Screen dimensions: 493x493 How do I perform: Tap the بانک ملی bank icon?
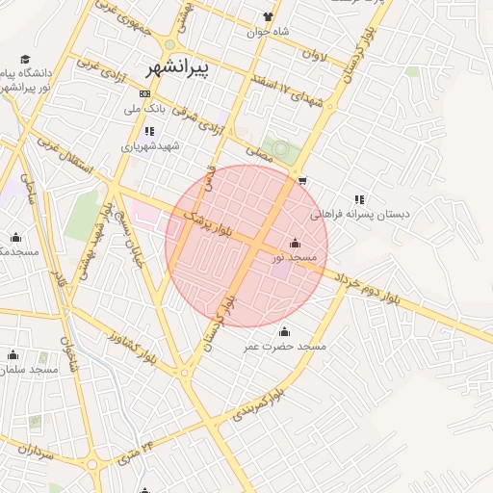(x=144, y=93)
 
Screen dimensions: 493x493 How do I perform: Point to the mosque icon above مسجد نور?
(x=295, y=243)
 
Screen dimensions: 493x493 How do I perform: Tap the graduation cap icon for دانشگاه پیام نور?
(x=25, y=59)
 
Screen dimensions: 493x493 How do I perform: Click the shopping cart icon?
(x=302, y=180)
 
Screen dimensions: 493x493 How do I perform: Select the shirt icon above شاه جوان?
(x=268, y=16)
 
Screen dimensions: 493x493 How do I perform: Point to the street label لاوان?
(x=315, y=56)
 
